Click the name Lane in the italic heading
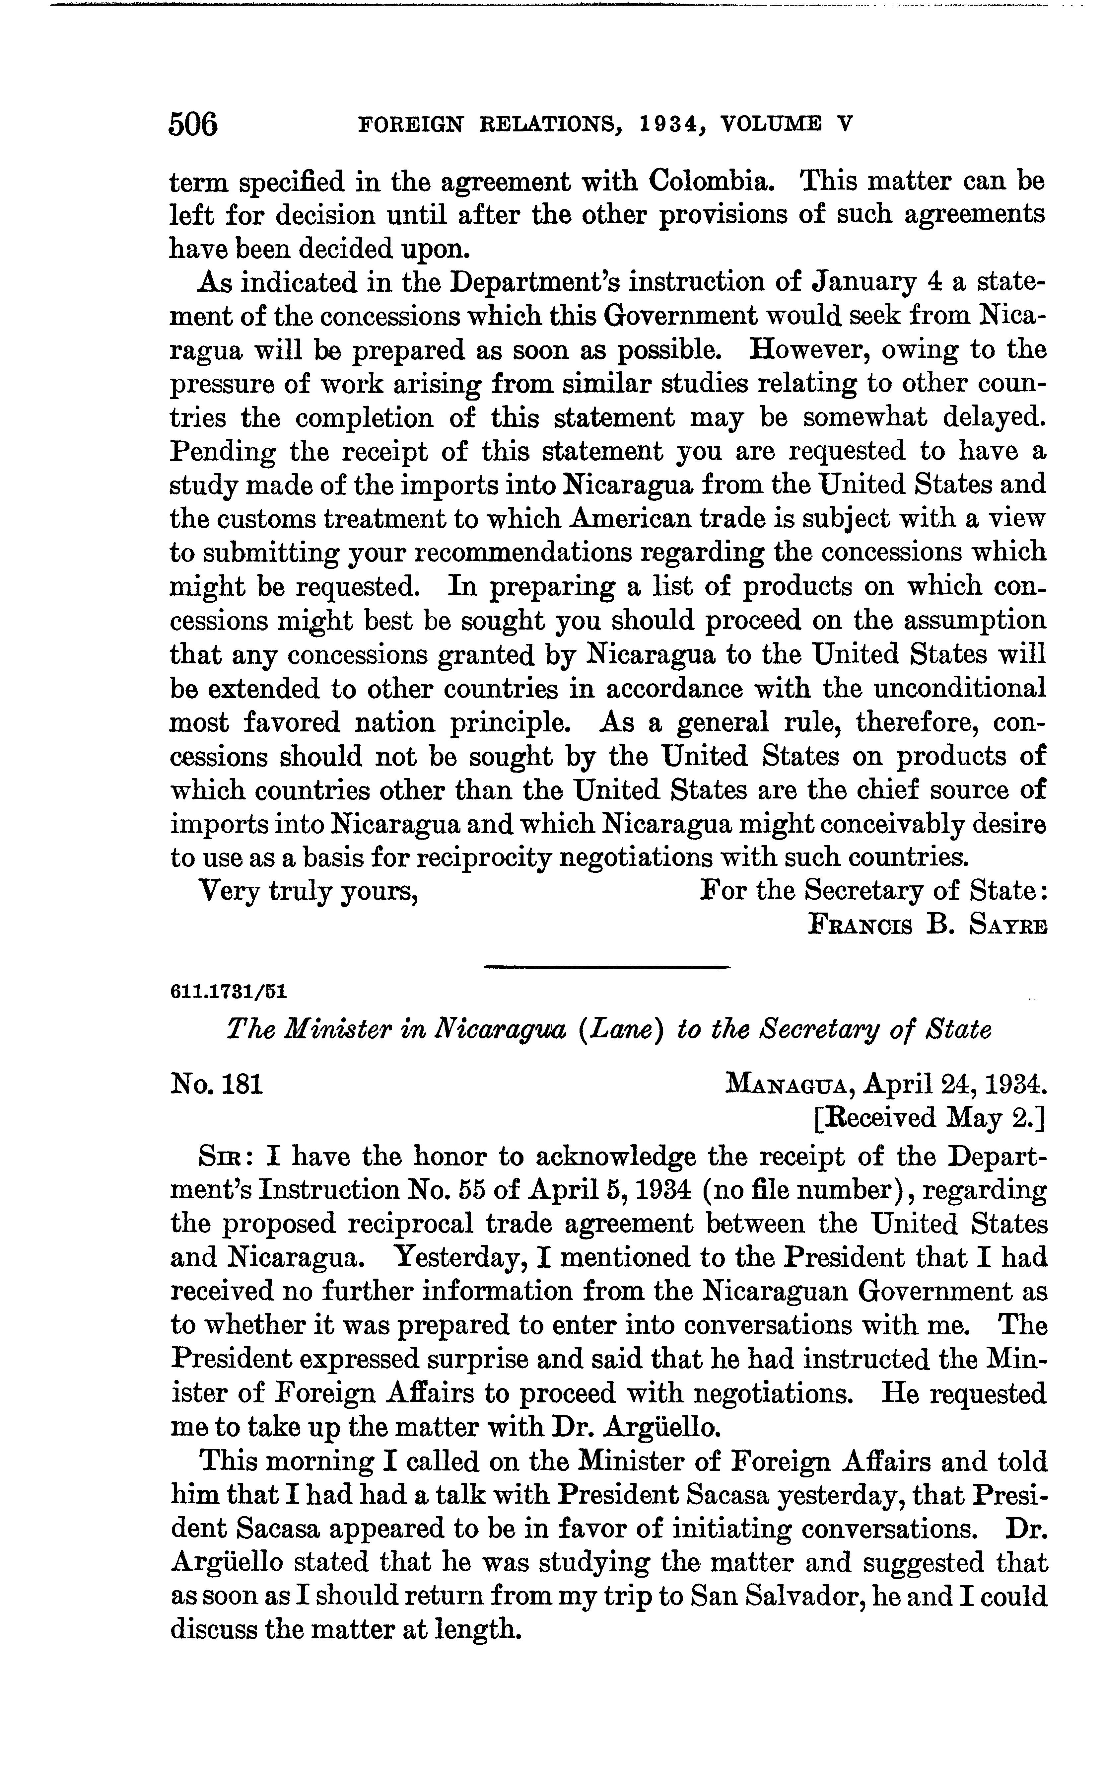tap(597, 1030)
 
